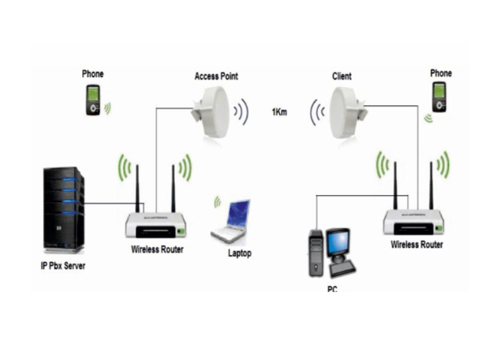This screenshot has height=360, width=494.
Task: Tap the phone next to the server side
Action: point(93,100)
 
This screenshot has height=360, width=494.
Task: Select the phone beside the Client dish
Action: point(439,96)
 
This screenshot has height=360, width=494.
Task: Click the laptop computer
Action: point(231,221)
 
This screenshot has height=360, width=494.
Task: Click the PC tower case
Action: point(315,253)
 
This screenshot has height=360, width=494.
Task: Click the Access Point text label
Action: point(215,76)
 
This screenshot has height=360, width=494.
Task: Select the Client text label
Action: point(342,76)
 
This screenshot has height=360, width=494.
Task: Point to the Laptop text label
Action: point(239,253)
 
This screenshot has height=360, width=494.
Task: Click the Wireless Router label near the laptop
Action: point(157,248)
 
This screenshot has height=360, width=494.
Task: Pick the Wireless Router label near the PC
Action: point(417,244)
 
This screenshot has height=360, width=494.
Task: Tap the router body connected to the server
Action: point(155,225)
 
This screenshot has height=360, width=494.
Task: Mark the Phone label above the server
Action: point(92,73)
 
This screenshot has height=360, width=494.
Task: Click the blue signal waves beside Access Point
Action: point(241,111)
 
